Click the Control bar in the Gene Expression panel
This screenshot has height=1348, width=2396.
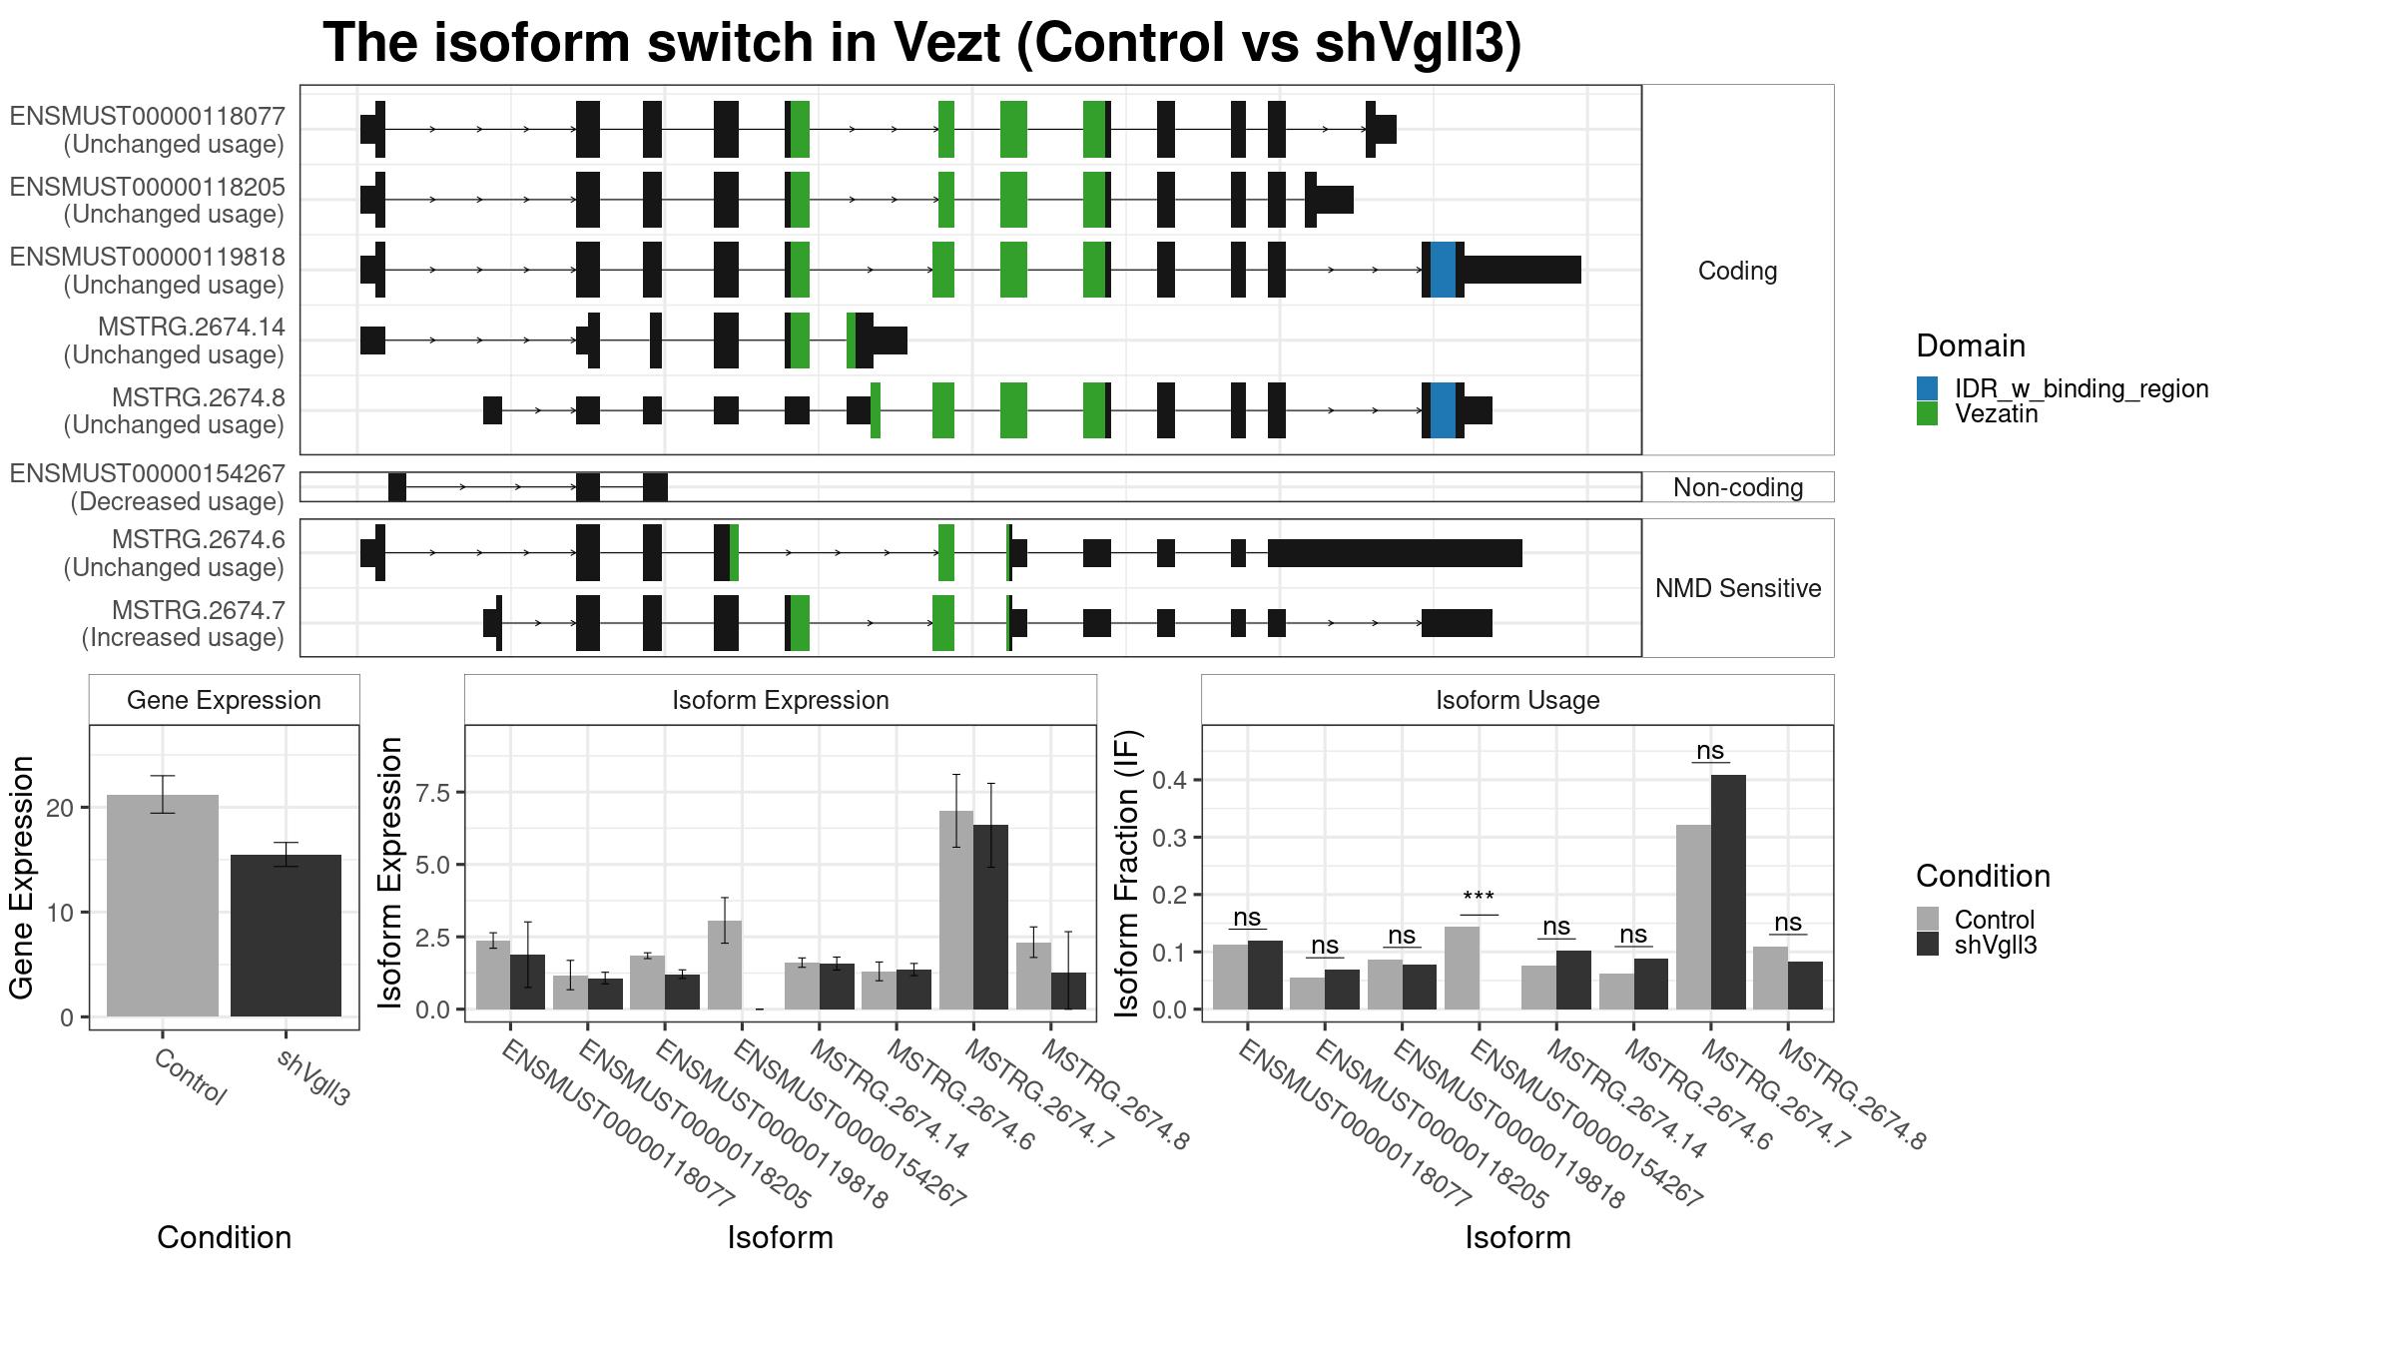(162, 906)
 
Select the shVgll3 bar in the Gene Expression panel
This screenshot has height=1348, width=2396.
(286, 936)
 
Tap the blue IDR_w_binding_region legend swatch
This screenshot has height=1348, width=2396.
(1927, 388)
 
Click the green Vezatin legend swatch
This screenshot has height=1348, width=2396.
(1927, 413)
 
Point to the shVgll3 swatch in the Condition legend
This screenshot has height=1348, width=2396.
(1927, 944)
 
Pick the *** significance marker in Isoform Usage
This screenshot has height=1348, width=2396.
(1479, 898)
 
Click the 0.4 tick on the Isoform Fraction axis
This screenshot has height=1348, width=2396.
(1170, 780)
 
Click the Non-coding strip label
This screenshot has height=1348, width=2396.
(1738, 487)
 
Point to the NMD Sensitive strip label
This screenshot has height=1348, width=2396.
(1738, 588)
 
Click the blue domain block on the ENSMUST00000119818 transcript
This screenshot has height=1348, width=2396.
(1443, 270)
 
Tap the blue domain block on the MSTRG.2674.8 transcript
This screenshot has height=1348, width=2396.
(1443, 410)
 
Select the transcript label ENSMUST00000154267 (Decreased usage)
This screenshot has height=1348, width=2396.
(148, 487)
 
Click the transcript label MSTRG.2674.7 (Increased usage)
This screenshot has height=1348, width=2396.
(184, 623)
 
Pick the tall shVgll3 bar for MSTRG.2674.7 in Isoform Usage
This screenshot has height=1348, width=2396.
(1728, 892)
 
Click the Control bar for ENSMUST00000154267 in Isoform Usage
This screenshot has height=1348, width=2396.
(1462, 968)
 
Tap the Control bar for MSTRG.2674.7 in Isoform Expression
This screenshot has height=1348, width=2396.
(956, 910)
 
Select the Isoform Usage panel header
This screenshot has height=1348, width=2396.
(1517, 700)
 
